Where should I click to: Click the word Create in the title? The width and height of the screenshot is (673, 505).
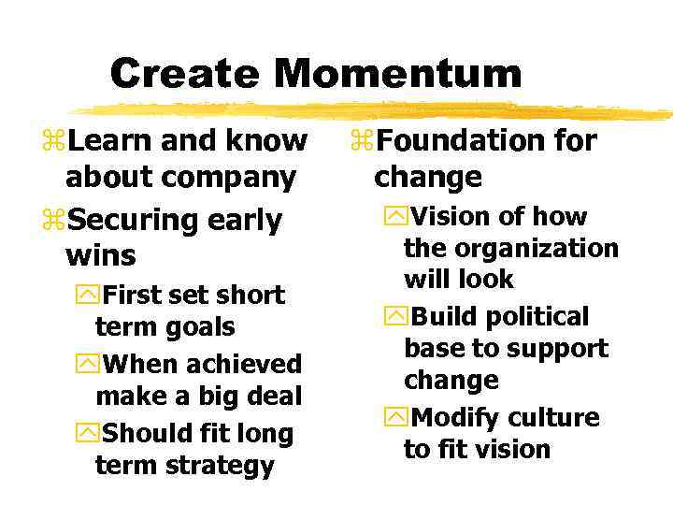click(x=187, y=73)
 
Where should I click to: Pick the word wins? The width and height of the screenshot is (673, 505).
click(x=101, y=255)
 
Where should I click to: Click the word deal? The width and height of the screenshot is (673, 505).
click(x=271, y=397)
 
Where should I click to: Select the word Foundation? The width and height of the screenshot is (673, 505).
click(x=452, y=140)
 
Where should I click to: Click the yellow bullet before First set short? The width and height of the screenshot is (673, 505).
click(x=89, y=296)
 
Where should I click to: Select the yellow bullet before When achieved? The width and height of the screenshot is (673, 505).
click(x=89, y=364)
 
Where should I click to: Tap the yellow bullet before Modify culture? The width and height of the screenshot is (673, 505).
click(x=397, y=417)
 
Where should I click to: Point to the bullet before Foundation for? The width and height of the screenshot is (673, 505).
click(x=362, y=141)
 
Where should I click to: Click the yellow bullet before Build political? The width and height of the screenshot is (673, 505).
click(x=397, y=317)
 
